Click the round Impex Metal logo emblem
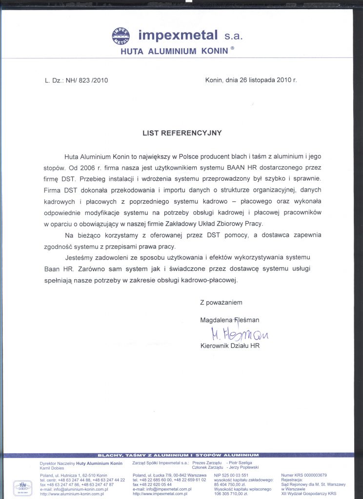click(122, 36)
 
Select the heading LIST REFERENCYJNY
click(182, 133)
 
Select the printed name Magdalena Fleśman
click(230, 320)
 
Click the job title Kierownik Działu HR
click(230, 346)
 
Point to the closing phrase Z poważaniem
click(221, 303)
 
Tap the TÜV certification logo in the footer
click(22, 486)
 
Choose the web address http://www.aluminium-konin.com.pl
click(74, 494)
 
